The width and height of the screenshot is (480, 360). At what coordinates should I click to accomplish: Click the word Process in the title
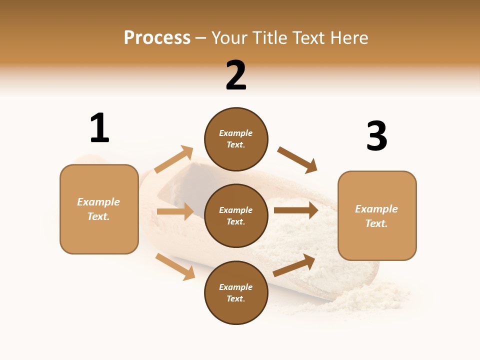point(157,38)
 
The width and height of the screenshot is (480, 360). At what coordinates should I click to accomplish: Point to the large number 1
point(99,128)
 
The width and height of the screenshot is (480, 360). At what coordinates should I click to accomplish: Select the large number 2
point(236,75)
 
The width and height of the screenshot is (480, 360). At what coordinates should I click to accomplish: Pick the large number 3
point(376,136)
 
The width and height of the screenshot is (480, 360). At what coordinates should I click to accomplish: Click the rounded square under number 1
point(99,209)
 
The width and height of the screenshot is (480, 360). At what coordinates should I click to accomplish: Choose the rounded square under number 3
point(377,216)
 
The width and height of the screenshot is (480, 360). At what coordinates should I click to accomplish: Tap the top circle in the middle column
point(236,139)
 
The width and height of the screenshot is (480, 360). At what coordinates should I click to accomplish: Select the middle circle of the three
point(236,216)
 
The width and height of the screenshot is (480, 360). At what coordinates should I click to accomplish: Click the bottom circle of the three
point(236,293)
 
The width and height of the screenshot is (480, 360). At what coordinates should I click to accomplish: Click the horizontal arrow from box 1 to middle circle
point(175,211)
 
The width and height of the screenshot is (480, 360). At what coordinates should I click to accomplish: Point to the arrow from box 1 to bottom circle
point(175,266)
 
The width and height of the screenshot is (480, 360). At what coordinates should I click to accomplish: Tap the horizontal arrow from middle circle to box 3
point(296,210)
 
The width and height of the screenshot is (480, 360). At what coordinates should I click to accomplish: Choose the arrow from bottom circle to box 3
point(294,265)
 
